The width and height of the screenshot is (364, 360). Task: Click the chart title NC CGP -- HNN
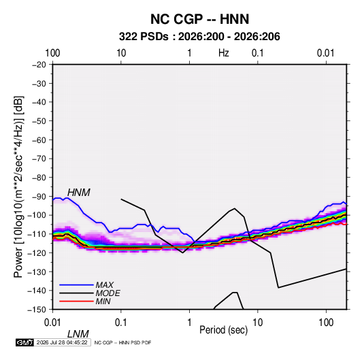tap(199, 19)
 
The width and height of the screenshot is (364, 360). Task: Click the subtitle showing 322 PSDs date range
tap(199, 37)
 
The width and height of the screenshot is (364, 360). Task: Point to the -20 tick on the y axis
tap(39, 65)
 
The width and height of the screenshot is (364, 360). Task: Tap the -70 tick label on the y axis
tap(39, 159)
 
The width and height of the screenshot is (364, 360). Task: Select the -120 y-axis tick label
tap(37, 252)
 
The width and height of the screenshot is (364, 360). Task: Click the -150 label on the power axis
tap(37, 310)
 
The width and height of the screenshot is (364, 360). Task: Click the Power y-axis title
tap(18, 186)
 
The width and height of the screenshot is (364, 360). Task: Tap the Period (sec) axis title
tap(224, 330)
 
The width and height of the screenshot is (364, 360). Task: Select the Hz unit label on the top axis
tap(224, 53)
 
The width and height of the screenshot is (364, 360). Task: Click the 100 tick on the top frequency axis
tap(52, 53)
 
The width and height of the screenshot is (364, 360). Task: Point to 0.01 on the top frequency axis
tap(326, 53)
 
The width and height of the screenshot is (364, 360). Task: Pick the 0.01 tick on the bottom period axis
tap(53, 323)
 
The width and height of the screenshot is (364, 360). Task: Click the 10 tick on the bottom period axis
tap(257, 323)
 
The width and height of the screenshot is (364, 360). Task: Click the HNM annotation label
tap(79, 193)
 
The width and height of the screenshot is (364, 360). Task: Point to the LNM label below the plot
tap(78, 334)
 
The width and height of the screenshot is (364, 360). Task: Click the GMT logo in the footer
tap(25, 342)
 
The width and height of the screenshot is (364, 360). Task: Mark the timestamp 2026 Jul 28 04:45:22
tap(62, 342)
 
